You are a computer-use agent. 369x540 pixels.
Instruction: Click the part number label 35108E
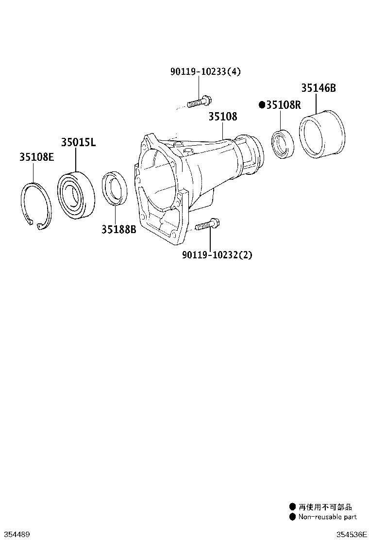click(36, 157)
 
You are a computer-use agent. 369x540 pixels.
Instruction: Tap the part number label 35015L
click(78, 142)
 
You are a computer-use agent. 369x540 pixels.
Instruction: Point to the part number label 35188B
click(119, 229)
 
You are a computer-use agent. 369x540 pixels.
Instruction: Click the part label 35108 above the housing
click(223, 117)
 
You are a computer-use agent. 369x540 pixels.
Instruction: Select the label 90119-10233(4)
click(205, 72)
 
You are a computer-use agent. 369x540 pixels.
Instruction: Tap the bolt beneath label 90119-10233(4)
click(199, 102)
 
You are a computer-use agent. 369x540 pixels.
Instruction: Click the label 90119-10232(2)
click(217, 254)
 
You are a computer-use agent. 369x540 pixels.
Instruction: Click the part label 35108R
click(284, 104)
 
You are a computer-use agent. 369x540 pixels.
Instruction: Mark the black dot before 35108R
click(262, 104)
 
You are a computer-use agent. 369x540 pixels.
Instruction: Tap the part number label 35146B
click(318, 88)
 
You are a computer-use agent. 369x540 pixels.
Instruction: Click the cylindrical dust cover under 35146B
click(321, 135)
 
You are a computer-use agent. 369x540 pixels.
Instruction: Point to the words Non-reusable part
click(327, 517)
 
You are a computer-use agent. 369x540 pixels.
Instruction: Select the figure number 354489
click(16, 534)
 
